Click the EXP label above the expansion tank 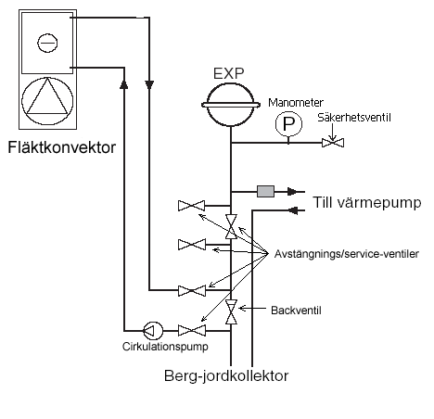click(229, 73)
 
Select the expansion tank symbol click(230, 105)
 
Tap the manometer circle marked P click(288, 124)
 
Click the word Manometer click(296, 103)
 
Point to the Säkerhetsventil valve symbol click(333, 143)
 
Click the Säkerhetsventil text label click(354, 118)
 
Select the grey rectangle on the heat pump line click(265, 191)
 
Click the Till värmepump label click(367, 203)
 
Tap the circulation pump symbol click(153, 331)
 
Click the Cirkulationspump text click(165, 347)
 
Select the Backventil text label click(296, 311)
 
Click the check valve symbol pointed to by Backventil click(231, 311)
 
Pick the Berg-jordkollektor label click(226, 376)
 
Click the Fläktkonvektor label click(61, 147)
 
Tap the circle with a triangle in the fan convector click(47, 101)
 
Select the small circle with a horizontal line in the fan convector click(47, 43)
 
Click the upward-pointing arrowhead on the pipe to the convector click(124, 83)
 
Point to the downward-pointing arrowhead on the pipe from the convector click(149, 85)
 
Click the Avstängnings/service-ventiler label click(347, 254)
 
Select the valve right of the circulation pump click(192, 331)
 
